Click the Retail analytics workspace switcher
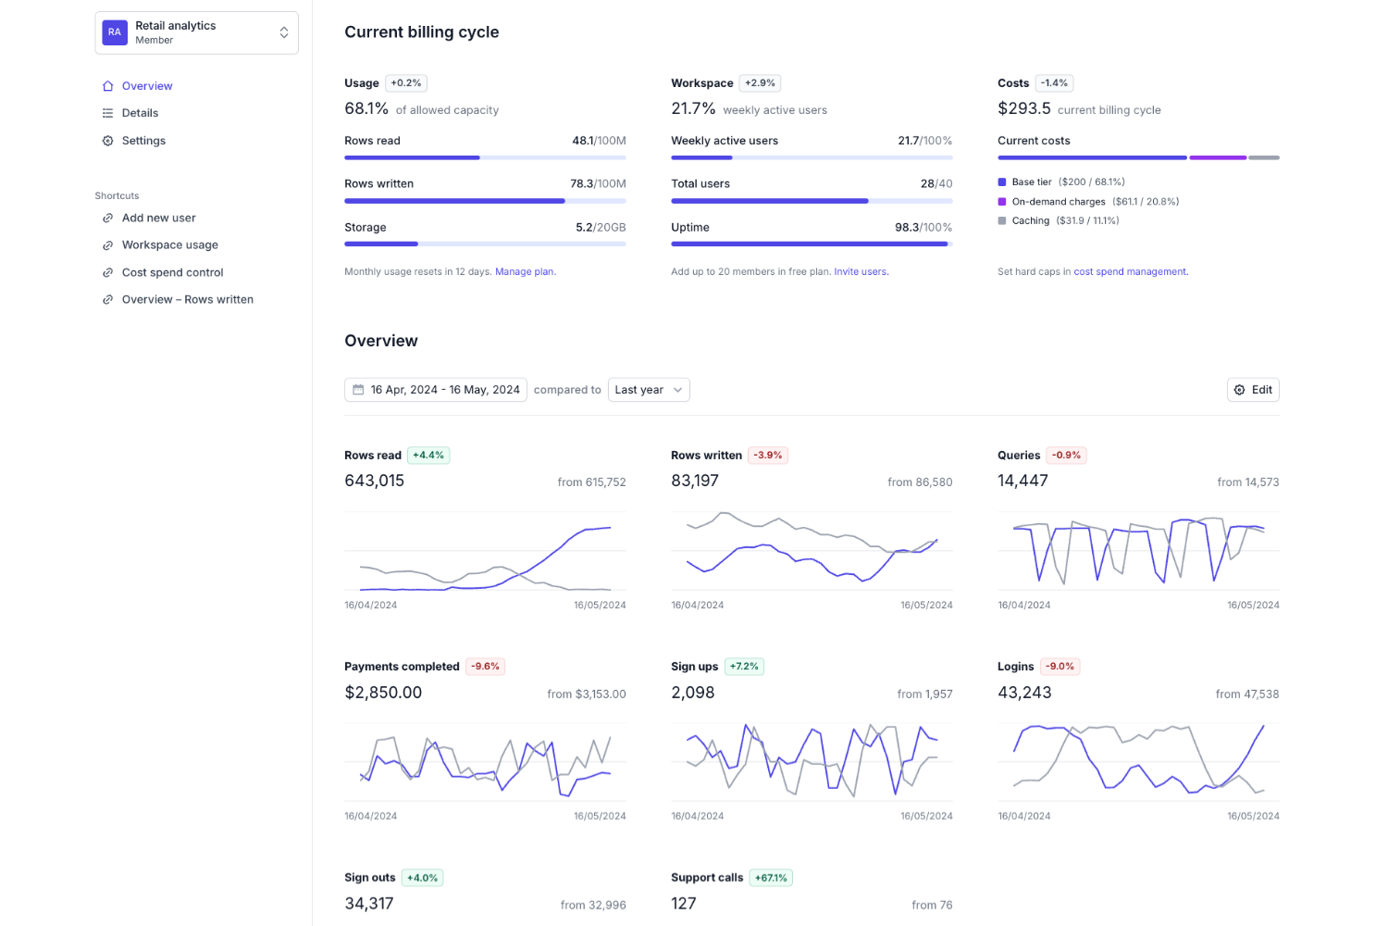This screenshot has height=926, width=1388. coord(196,32)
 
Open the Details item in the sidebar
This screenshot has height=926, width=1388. coord(140,113)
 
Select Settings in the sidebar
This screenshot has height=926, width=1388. coord(143,141)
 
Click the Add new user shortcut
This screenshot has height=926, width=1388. coord(158,218)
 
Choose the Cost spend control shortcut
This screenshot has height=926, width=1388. coord(172,272)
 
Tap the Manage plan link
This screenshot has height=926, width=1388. coord(525,271)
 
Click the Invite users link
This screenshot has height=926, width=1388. coord(861,271)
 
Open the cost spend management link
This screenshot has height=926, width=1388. coord(1130,271)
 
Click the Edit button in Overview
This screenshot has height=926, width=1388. coord(1253,390)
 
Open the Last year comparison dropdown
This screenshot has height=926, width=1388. coord(648,390)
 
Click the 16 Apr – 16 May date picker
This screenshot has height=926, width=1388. coord(436,390)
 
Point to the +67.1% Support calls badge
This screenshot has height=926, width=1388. coord(771,878)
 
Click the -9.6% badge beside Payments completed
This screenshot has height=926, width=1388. coord(485,667)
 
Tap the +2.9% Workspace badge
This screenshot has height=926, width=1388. coord(760,83)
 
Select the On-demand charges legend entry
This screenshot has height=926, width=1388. coord(1058,201)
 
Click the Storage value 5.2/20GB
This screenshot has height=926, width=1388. coord(601,227)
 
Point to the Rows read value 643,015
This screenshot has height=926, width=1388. coord(374,481)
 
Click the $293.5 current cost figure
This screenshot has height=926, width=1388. coord(1023,108)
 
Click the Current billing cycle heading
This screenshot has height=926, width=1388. coord(421,31)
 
